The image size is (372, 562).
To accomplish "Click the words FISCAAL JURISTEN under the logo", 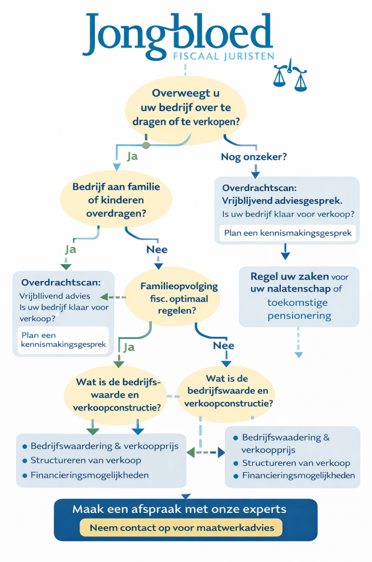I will coord(221,56).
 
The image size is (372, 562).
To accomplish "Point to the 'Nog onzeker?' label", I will coord(254,157).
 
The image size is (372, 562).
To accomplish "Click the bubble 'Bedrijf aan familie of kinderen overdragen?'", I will coord(108,200).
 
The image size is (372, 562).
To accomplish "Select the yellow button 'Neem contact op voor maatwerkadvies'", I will coord(181,528).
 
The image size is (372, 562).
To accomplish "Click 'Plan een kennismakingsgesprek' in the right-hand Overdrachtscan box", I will coord(286,233).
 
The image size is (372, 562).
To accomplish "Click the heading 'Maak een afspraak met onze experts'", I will coord(179,509).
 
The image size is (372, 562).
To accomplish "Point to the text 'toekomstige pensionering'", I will coord(299,309).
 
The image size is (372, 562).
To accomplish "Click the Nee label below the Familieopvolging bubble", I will coord(224,345).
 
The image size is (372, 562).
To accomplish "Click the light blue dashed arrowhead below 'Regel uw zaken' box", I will coord(298,355).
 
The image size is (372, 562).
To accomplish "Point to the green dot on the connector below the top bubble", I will coord(146,145).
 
